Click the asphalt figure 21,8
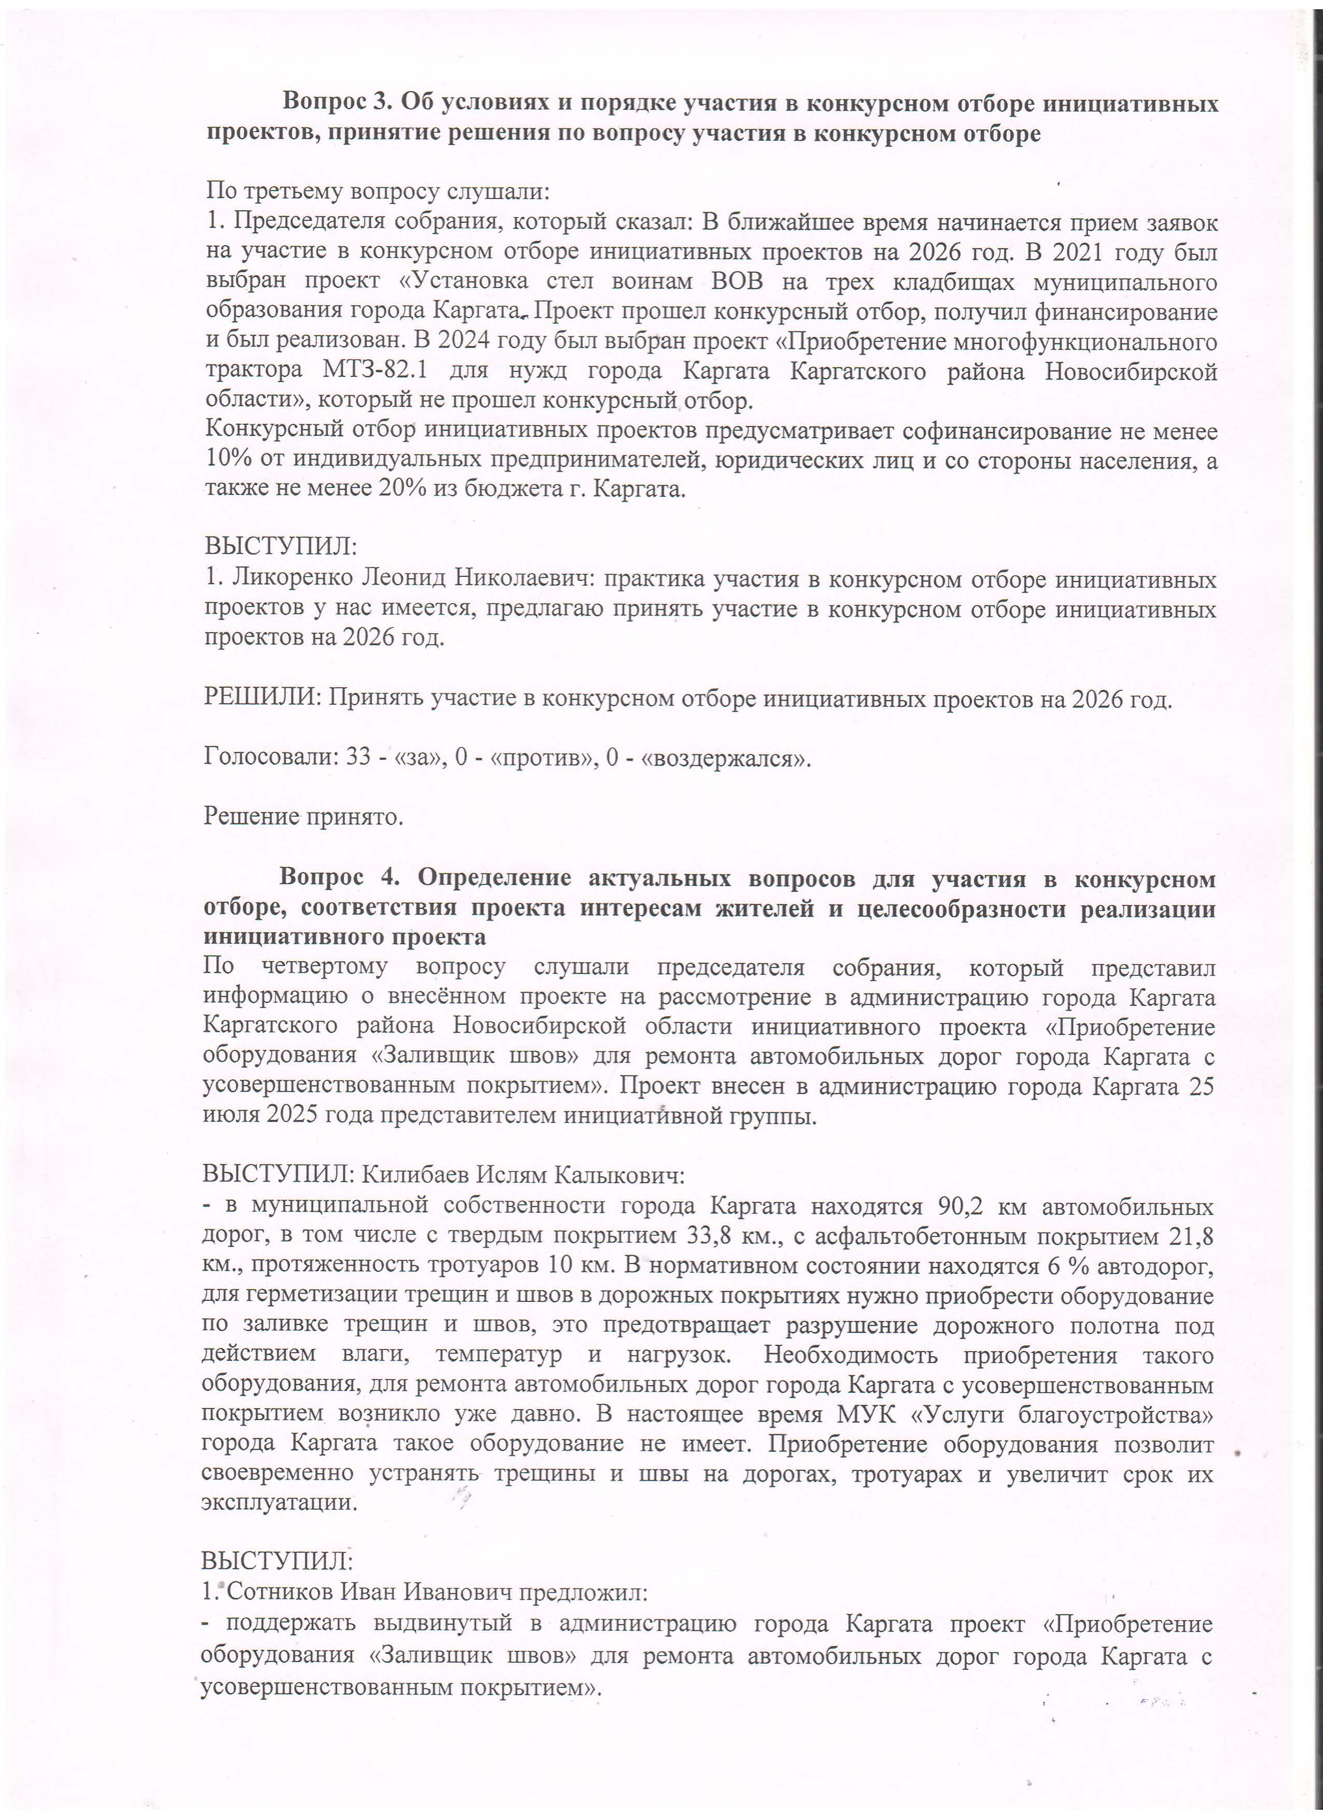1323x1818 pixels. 1191,1235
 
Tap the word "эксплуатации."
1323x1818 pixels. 279,1502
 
